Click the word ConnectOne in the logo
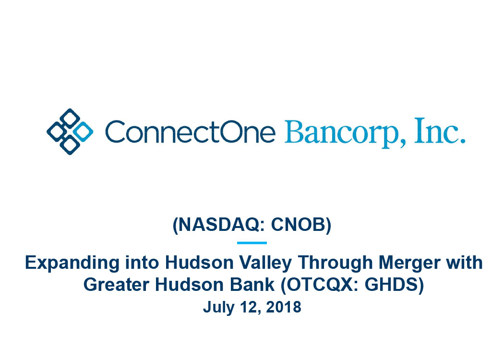(190, 132)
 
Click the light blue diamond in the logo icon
(83, 132)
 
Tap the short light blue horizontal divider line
(252, 243)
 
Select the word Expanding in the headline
(72, 263)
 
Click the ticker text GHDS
(392, 285)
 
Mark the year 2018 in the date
(284, 307)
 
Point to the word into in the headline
(142, 263)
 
